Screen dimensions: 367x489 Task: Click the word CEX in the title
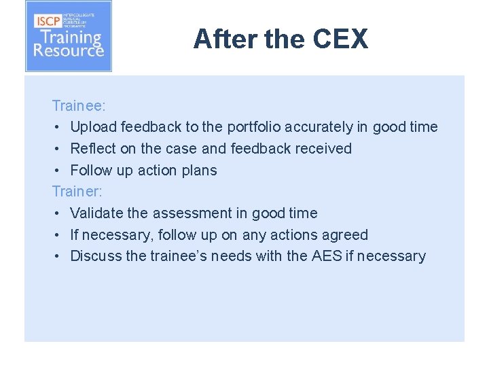[340, 39]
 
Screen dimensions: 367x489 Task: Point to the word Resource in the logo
[69, 50]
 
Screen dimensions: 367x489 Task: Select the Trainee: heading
[79, 105]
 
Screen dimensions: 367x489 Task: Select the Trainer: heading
[77, 191]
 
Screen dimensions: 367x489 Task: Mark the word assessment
[192, 213]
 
